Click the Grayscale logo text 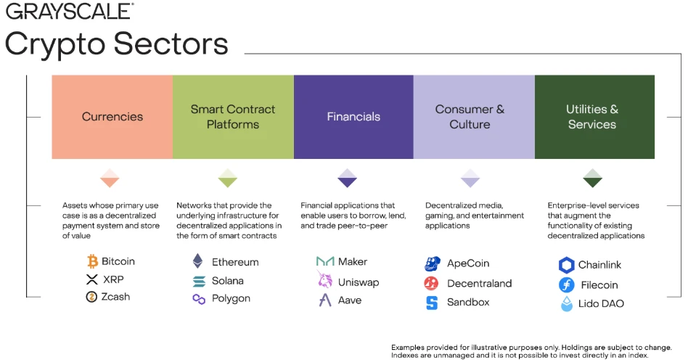pyautogui.click(x=70, y=11)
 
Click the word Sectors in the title pyautogui.click(x=171, y=44)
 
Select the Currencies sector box pyautogui.click(x=112, y=117)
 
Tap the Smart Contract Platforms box pyautogui.click(x=233, y=117)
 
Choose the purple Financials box pyautogui.click(x=353, y=117)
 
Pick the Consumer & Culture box pyautogui.click(x=474, y=117)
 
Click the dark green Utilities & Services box pyautogui.click(x=594, y=117)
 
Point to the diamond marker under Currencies pyautogui.click(x=110, y=178)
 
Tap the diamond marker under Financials pyautogui.click(x=347, y=178)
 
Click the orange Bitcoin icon pyautogui.click(x=92, y=261)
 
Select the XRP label pyautogui.click(x=113, y=279)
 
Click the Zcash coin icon pyautogui.click(x=91, y=297)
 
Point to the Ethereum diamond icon pyautogui.click(x=198, y=261)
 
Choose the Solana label pyautogui.click(x=228, y=281)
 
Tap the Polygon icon pyautogui.click(x=199, y=299)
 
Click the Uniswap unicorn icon pyautogui.click(x=325, y=279)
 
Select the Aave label pyautogui.click(x=350, y=300)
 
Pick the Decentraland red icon pyautogui.click(x=431, y=283)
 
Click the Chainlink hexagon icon pyautogui.click(x=567, y=265)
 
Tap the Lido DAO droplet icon pyautogui.click(x=567, y=304)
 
